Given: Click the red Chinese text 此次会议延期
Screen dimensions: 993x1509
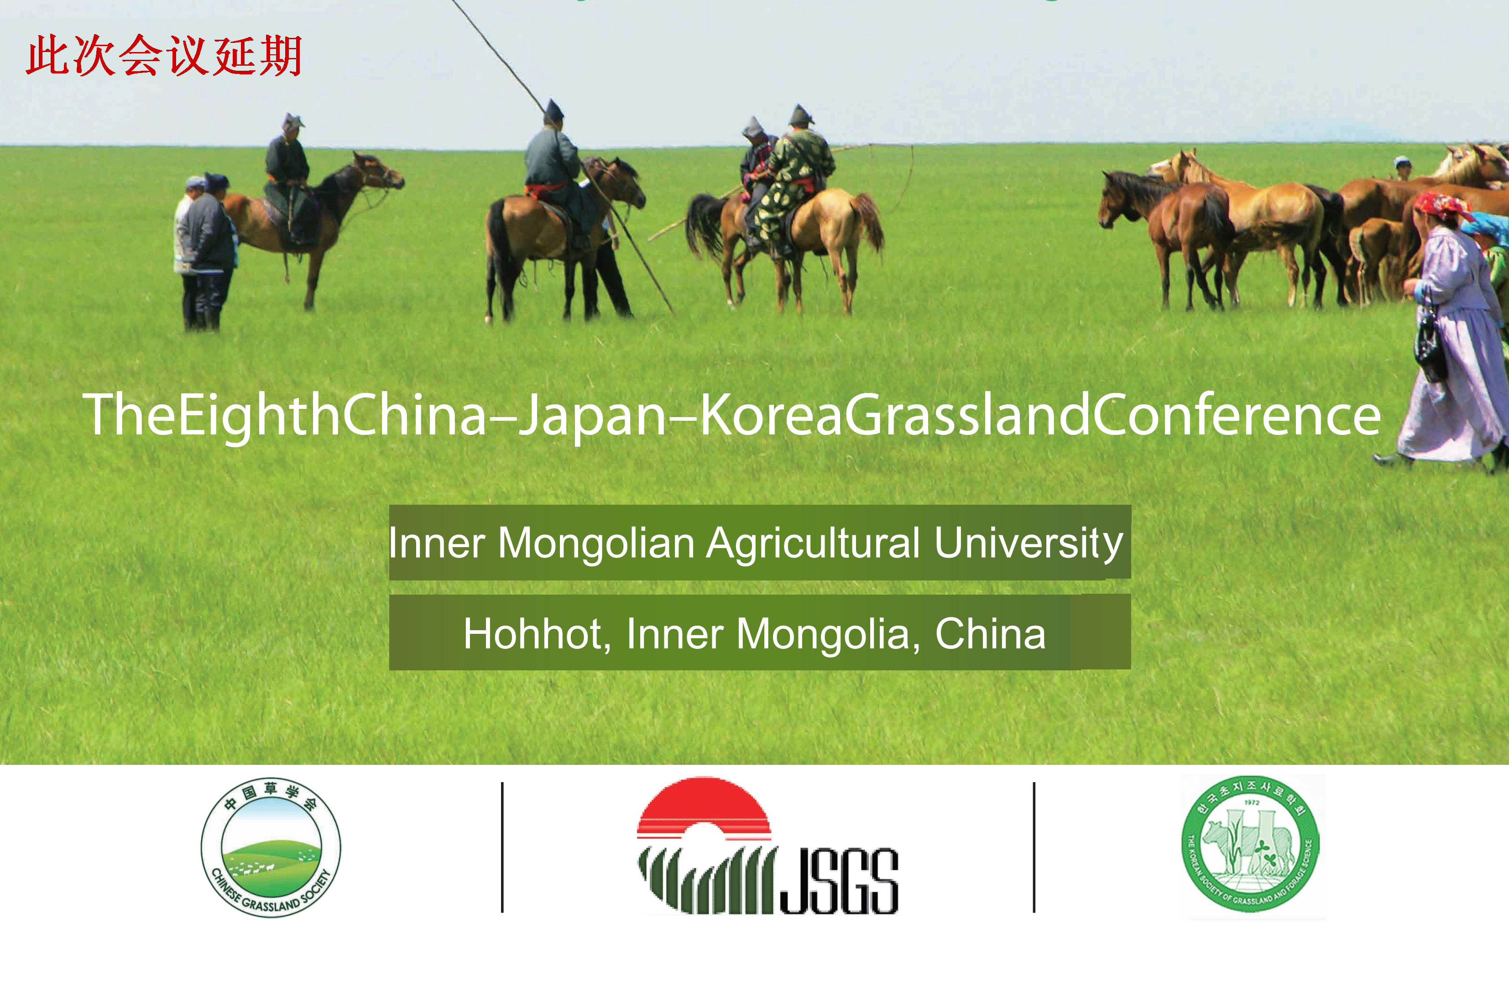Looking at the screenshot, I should (163, 56).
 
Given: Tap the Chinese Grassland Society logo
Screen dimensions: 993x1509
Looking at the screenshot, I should (271, 847).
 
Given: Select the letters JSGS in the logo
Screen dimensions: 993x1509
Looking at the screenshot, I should (838, 881).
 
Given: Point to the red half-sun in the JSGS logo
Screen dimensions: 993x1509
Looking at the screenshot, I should (704, 803).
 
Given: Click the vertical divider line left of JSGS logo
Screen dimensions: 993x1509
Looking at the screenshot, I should (502, 847).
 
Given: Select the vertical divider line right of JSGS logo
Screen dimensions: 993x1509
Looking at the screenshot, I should (1034, 847).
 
